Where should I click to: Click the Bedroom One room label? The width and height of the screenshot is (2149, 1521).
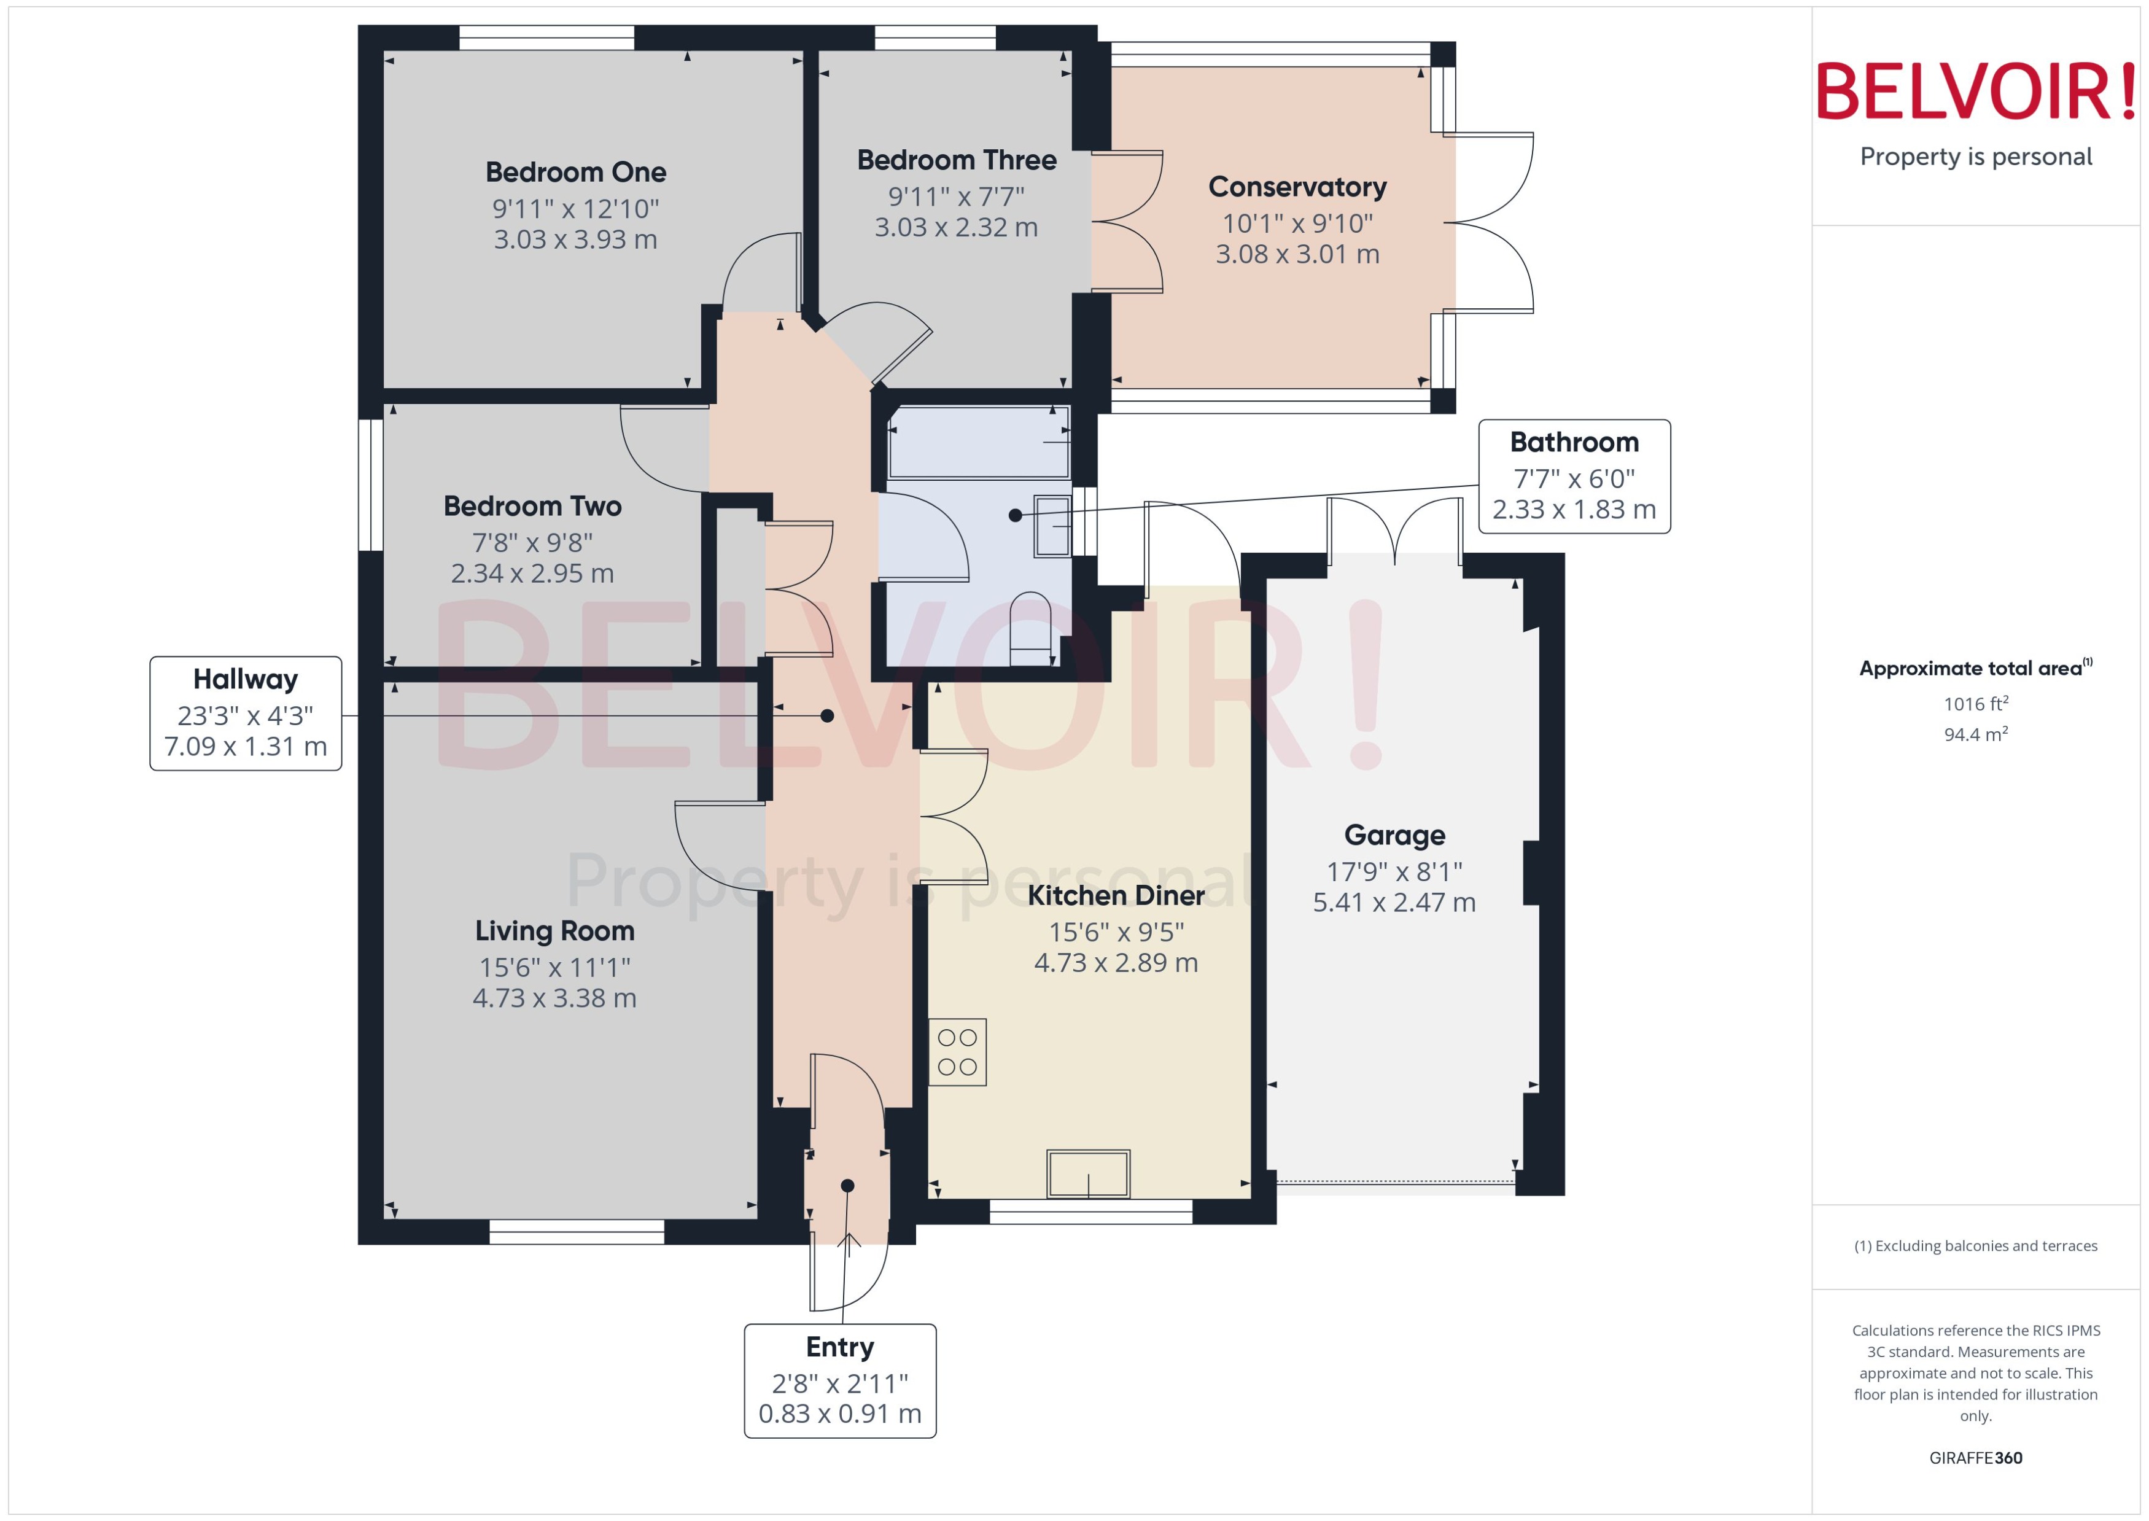(x=576, y=173)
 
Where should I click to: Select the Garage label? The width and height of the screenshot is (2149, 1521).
(x=1394, y=834)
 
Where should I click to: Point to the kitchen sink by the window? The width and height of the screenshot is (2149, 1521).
(x=1088, y=1173)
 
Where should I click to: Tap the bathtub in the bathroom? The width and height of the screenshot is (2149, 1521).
(x=979, y=442)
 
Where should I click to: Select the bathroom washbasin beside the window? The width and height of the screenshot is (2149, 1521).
(x=1052, y=526)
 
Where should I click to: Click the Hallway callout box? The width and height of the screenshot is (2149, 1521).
(x=246, y=714)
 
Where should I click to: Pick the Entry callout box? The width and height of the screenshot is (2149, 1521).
(x=840, y=1380)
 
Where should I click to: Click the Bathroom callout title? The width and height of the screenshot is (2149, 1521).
(x=1574, y=442)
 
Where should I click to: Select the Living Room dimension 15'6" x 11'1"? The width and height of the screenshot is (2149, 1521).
(x=554, y=968)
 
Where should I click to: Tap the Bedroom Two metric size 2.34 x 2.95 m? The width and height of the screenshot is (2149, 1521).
(x=532, y=573)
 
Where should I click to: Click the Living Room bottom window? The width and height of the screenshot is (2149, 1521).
(x=577, y=1232)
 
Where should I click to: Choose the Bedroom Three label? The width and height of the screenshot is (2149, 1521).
(x=956, y=160)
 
